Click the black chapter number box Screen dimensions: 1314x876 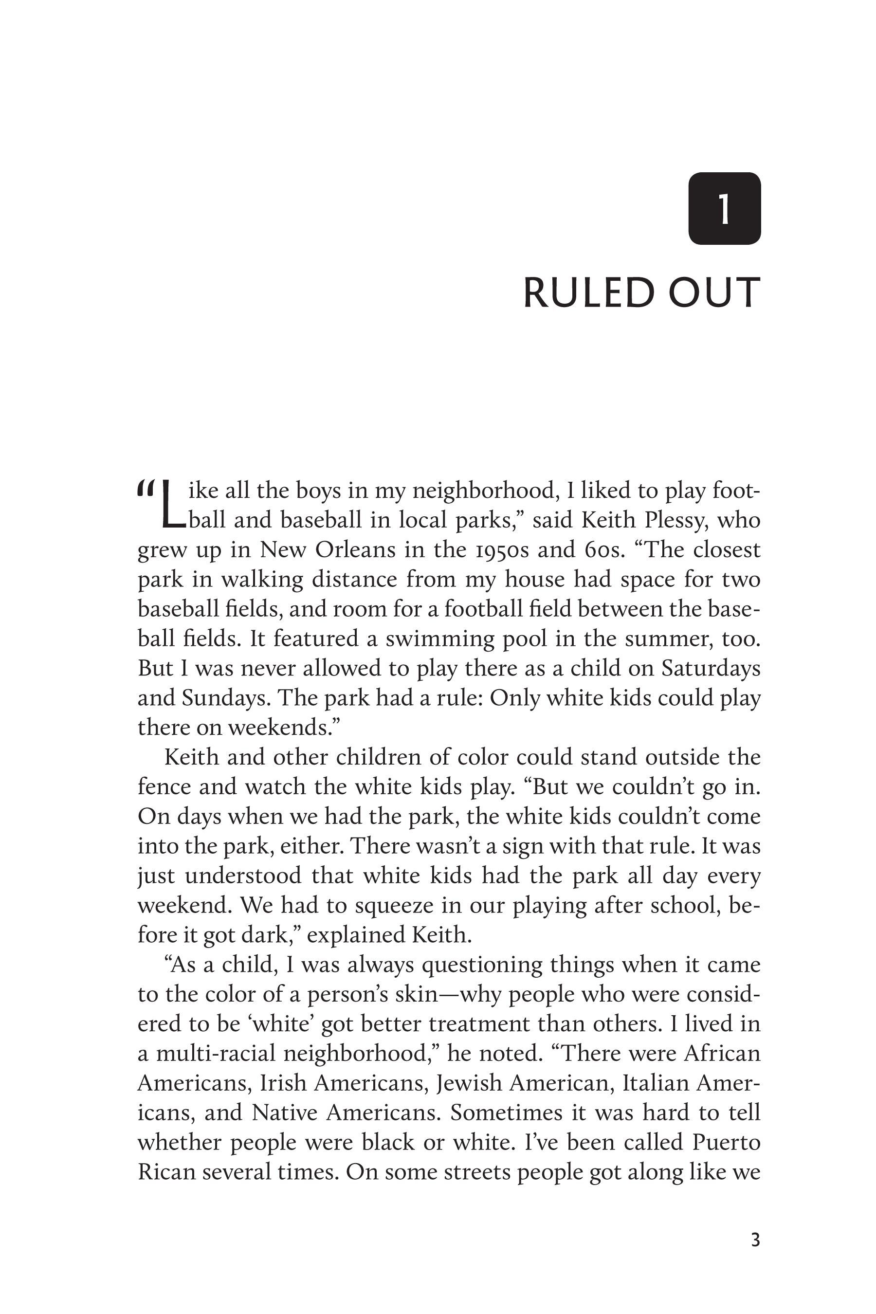coord(724,208)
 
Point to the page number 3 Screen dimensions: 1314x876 coord(755,1240)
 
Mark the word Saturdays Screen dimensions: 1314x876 coord(711,668)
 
